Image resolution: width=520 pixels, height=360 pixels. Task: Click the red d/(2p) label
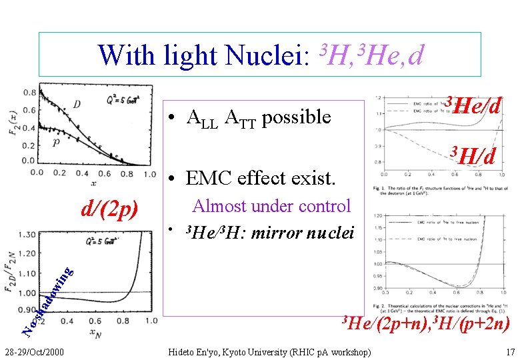pyautogui.click(x=109, y=209)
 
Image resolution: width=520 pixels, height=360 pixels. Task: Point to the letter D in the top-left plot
pyautogui.click(x=77, y=103)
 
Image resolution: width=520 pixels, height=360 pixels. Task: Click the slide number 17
pyautogui.click(x=510, y=351)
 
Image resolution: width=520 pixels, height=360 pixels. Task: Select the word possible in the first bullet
pyautogui.click(x=297, y=117)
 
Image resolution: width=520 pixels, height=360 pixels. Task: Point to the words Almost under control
pyautogui.click(x=271, y=206)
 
